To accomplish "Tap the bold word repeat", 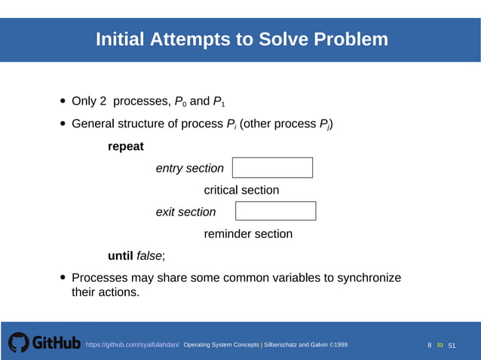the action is point(126,146).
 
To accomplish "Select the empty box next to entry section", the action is point(272,168).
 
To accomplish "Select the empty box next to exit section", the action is point(276,211).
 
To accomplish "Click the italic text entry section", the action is point(189,169).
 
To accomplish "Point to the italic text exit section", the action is point(185,212).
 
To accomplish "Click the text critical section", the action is point(241,191).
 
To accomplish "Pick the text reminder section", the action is point(248,234).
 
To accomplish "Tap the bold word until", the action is point(121,256).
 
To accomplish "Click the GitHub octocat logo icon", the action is point(19,343).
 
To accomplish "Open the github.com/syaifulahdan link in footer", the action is point(133,345).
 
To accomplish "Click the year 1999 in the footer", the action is point(339,345).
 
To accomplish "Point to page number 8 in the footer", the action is point(430,345).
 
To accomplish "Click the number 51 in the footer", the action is point(452,345).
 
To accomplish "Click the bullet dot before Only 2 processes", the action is point(63,102).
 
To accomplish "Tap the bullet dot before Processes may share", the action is point(63,279).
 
